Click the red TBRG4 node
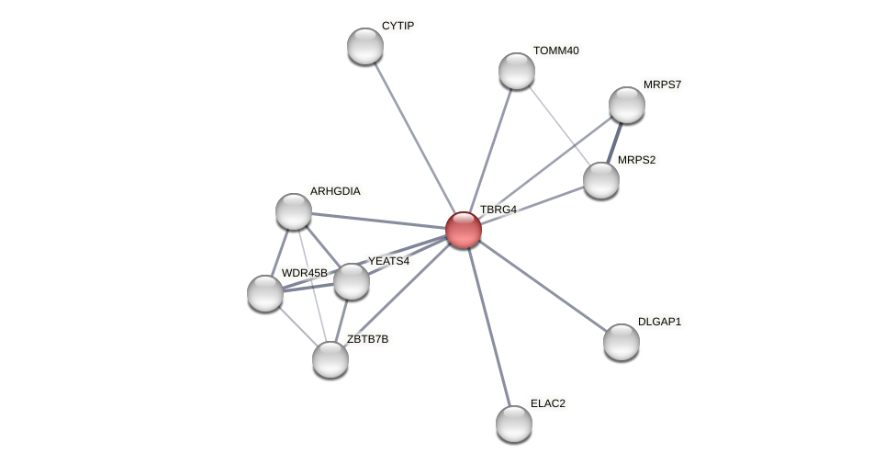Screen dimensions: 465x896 point(464,230)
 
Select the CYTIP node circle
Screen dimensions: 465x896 point(365,46)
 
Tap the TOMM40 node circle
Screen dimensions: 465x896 point(517,71)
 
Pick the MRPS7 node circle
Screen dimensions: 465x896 point(627,105)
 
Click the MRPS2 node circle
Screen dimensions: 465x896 point(601,180)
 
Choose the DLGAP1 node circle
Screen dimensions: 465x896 point(622,342)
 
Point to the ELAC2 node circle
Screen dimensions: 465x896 point(514,424)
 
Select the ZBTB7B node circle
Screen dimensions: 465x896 point(330,359)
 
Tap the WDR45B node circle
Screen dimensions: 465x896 point(265,293)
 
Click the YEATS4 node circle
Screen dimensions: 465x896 point(352,281)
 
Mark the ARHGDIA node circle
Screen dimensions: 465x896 point(294,211)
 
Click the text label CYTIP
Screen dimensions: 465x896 point(398,26)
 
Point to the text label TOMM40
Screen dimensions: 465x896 point(555,51)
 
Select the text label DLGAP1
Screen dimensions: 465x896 point(659,322)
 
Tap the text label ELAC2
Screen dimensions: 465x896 point(548,403)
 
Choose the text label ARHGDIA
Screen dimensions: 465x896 point(335,191)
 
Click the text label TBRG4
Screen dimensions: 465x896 point(498,210)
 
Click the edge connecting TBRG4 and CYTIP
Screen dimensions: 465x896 point(414,138)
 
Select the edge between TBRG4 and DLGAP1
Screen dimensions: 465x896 point(542,285)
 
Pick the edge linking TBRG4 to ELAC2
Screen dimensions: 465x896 point(488,326)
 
